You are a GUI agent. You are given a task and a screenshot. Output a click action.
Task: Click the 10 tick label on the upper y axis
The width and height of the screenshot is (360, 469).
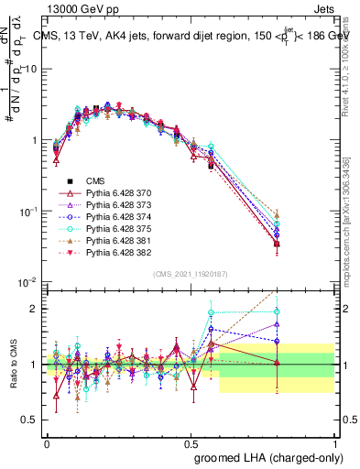(x=32, y=70)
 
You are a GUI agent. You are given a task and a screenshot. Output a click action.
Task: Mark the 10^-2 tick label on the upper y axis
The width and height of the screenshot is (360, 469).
(x=28, y=283)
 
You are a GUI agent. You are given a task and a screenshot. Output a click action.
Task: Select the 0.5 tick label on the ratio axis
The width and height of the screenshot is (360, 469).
(x=32, y=420)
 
